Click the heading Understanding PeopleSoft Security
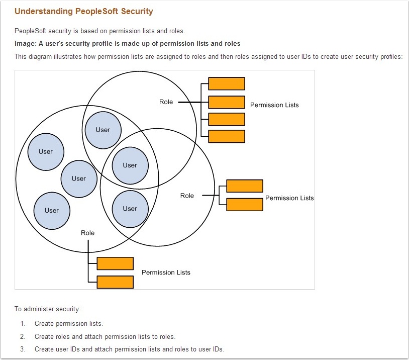click(x=84, y=11)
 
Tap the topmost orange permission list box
click(x=226, y=83)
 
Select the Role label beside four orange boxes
click(x=166, y=102)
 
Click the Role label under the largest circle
click(x=87, y=233)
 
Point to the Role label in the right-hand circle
click(x=187, y=196)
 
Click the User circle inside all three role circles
click(x=130, y=165)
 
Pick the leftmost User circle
click(x=46, y=151)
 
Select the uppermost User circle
click(x=103, y=130)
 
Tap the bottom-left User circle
click(x=52, y=211)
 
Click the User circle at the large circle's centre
click(x=79, y=178)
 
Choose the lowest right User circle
click(x=130, y=209)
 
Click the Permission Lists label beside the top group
click(x=274, y=105)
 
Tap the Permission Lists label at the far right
click(x=289, y=198)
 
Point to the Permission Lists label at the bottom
click(x=166, y=273)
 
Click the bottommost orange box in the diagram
click(x=115, y=282)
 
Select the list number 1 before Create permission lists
click(x=23, y=323)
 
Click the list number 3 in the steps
click(x=23, y=349)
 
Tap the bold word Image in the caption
click(x=25, y=43)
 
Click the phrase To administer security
click(x=47, y=309)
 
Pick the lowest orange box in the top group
click(x=226, y=136)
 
